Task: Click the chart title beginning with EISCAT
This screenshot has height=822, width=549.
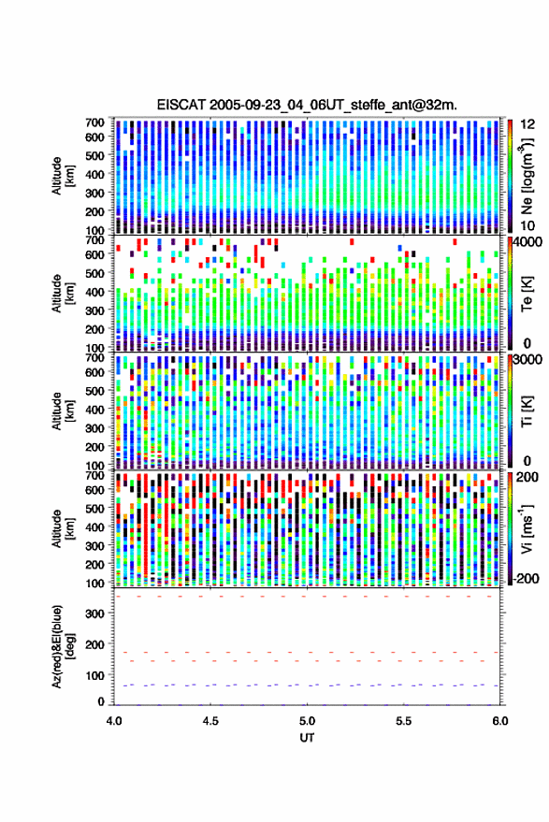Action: [x=307, y=105]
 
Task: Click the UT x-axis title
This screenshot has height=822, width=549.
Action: [x=307, y=738]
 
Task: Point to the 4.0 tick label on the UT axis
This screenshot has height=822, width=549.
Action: [x=114, y=721]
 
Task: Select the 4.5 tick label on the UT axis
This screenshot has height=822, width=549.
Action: [x=210, y=721]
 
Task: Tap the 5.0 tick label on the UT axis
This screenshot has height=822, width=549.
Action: [x=307, y=721]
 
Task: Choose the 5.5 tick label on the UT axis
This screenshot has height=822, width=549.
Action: [x=404, y=721]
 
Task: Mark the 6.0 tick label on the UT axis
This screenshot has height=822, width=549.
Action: [x=499, y=721]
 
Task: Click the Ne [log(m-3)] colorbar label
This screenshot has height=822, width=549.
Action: [x=527, y=176]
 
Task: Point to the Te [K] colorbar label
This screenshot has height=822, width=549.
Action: [x=527, y=294]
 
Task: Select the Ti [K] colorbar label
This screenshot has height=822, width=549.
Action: [x=527, y=411]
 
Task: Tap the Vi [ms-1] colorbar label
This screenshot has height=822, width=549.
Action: [x=527, y=528]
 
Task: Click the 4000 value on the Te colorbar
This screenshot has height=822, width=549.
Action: [x=528, y=242]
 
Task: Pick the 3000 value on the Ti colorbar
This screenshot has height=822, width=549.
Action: [x=528, y=360]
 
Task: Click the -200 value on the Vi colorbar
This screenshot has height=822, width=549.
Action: [x=526, y=579]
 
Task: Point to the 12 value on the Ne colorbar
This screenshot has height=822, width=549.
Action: [x=528, y=124]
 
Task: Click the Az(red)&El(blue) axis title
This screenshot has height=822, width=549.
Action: [x=62, y=646]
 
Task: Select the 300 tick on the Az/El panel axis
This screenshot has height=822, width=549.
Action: [x=95, y=613]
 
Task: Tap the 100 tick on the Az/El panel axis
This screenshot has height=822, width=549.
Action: [x=95, y=675]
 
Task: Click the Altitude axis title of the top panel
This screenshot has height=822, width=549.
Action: [x=62, y=176]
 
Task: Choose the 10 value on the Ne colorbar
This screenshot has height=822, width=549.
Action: [x=528, y=226]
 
